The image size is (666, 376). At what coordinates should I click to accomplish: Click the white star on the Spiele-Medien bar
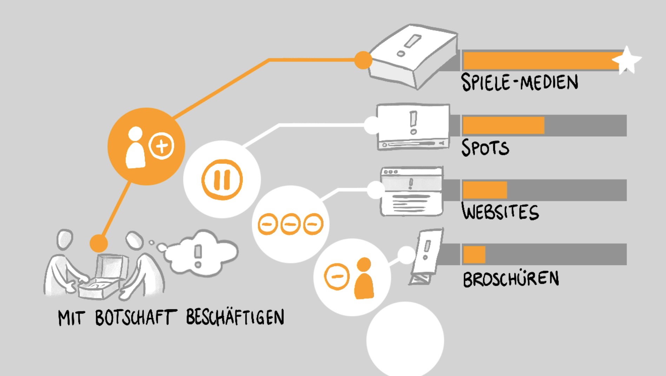coord(627,60)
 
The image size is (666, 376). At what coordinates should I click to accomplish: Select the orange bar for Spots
coord(503,125)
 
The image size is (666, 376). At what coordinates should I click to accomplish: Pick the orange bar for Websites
coord(485,190)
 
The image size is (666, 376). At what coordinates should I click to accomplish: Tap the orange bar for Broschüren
coord(474,254)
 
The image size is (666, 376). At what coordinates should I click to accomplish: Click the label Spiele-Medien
coord(519,82)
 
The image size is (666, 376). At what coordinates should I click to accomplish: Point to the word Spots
coord(485,148)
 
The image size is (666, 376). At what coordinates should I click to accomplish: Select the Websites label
coord(500,212)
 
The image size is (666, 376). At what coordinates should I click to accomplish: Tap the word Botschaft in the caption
coord(135,318)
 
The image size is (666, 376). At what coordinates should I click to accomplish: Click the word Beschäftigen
coord(235,317)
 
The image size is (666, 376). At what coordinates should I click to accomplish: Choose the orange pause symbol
coord(222,180)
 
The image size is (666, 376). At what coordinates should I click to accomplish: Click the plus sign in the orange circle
coord(161,145)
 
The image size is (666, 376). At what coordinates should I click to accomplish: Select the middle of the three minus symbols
coord(291,224)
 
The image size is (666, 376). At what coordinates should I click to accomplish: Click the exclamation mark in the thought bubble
coord(198,255)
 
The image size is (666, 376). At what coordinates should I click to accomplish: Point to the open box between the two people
coord(102,278)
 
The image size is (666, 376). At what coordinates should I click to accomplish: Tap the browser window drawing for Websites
coord(411,192)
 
